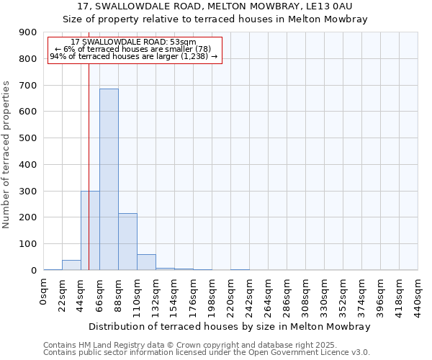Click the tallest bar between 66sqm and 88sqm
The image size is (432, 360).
point(109,179)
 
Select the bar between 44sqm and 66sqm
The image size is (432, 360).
point(90,230)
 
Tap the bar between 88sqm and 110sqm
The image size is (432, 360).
point(127,241)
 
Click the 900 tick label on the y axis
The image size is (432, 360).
point(28,32)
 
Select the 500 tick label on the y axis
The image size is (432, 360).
point(28,138)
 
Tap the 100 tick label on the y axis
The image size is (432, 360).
point(28,244)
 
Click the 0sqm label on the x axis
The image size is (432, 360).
point(44,293)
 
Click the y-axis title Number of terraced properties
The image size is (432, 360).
point(7,155)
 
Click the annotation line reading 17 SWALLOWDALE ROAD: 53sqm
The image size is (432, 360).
point(134,42)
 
